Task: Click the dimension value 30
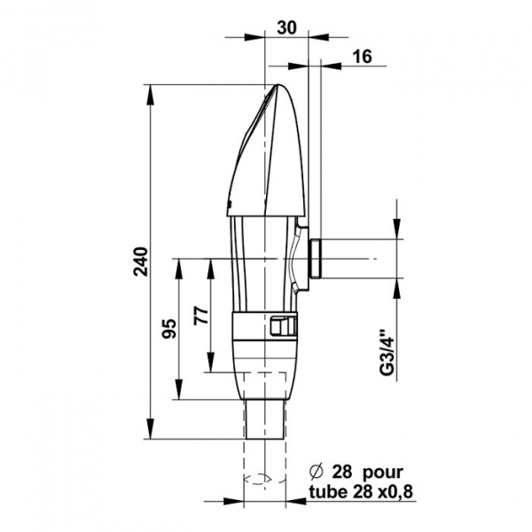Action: pos(286,27)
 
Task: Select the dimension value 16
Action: pos(363,57)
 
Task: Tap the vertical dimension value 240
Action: pos(141,262)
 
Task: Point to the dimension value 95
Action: pos(169,328)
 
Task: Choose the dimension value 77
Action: pos(201,316)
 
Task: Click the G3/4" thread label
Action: pos(387,352)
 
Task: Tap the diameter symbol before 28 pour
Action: pos(317,472)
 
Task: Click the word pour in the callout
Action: pos(383,473)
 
